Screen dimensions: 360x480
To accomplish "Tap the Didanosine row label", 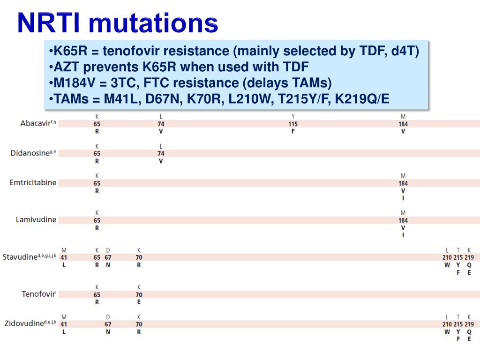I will point(32,153).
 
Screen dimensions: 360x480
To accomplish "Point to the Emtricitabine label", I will point(33,183).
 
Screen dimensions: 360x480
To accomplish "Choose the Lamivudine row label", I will point(36,220).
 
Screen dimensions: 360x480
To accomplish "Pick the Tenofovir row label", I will point(38,294).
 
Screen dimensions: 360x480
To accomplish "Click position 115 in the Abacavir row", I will point(293,124).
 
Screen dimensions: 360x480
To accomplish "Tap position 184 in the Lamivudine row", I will point(403,220).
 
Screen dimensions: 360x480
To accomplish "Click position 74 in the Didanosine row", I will point(161,153).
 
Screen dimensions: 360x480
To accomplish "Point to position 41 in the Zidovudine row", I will point(64,324).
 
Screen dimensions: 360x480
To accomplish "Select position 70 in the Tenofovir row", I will point(139,295).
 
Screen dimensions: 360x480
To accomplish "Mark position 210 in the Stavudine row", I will point(447,257).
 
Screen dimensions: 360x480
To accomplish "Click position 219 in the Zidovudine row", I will point(469,324).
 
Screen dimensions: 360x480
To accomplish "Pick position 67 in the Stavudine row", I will point(108,257).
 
